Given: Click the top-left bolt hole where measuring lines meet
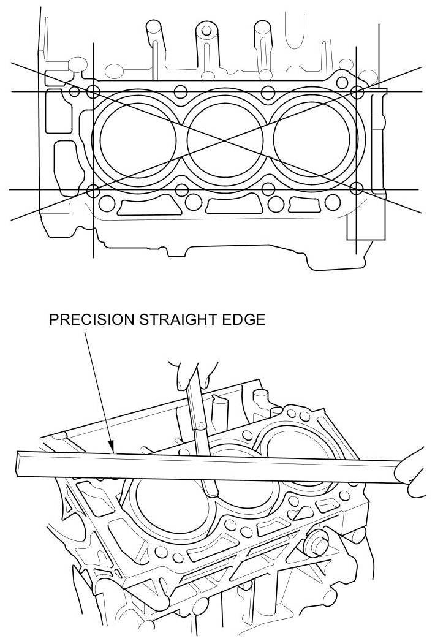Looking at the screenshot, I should coord(93,91).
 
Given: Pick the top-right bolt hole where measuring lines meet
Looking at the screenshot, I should coord(357,91).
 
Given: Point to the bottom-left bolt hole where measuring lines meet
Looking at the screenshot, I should coord(93,190).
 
